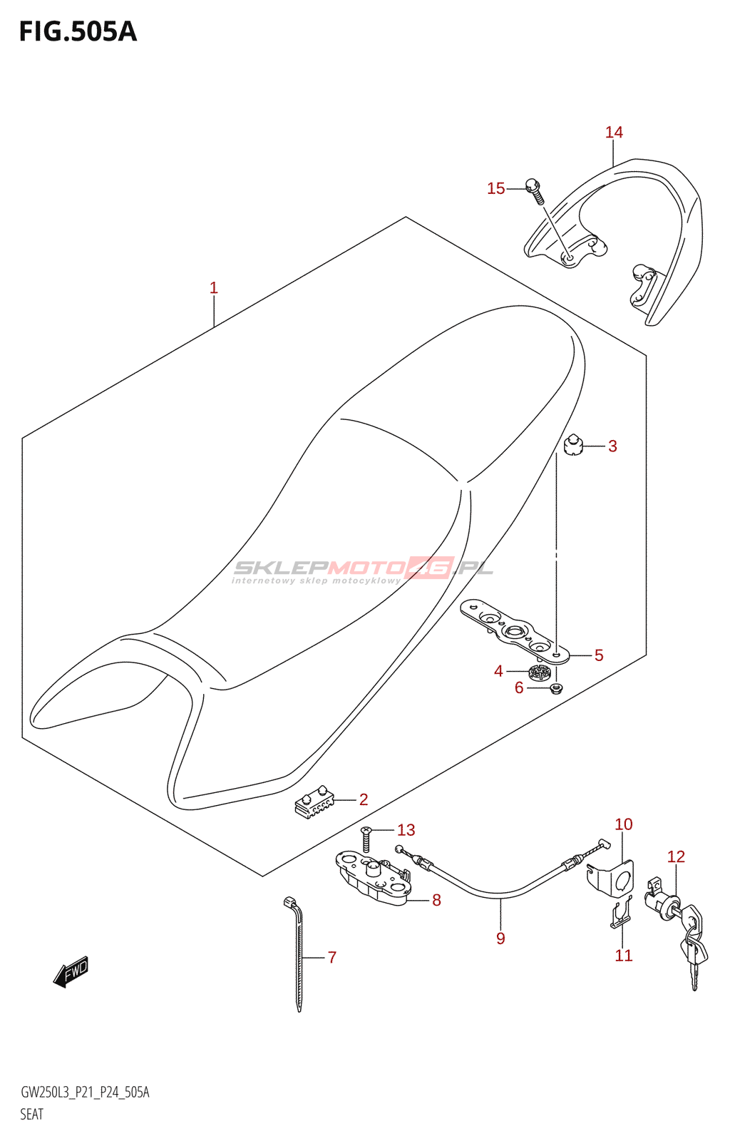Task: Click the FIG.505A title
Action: pyautogui.click(x=78, y=32)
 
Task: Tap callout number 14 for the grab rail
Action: pyautogui.click(x=614, y=133)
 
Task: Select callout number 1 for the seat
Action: pyautogui.click(x=213, y=288)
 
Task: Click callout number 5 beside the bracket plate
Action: pyautogui.click(x=599, y=655)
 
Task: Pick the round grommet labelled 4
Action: pyautogui.click(x=540, y=672)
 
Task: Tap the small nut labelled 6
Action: pyautogui.click(x=557, y=688)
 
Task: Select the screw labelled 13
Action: pyautogui.click(x=366, y=841)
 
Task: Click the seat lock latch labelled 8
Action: pyautogui.click(x=374, y=879)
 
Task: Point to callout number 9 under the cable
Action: pyautogui.click(x=500, y=938)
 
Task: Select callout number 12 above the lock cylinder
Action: pyautogui.click(x=676, y=856)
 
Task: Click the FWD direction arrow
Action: pyautogui.click(x=71, y=971)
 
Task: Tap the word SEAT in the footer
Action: pyautogui.click(x=32, y=1115)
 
